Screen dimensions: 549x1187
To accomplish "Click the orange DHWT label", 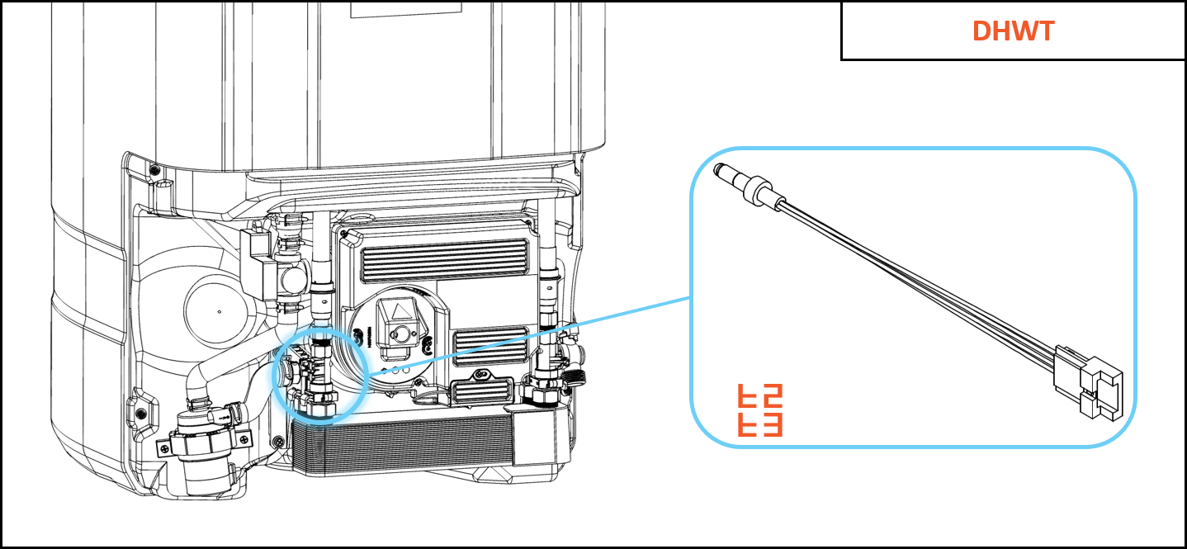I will pos(1013,31).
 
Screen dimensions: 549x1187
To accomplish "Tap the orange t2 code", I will pos(759,397).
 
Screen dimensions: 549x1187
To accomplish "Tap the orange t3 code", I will pos(759,424).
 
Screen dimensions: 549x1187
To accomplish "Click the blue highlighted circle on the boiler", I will pos(317,374).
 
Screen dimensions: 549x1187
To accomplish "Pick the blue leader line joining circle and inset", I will pos(528,335).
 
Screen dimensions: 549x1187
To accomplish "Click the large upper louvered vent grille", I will pos(445,261).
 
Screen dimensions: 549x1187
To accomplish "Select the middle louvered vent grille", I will pos(490,346).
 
